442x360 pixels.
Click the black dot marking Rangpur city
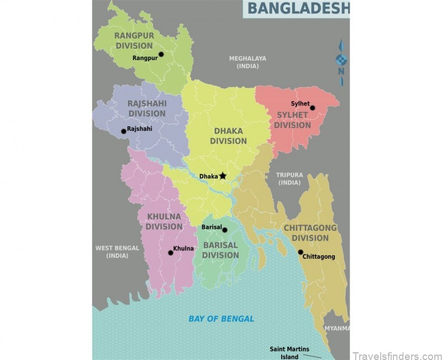(161, 55)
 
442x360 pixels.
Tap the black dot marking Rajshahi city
(124, 131)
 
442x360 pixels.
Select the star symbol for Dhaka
(223, 176)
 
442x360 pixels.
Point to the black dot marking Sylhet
(312, 108)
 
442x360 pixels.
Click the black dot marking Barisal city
(225, 230)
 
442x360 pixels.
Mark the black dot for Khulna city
(171, 253)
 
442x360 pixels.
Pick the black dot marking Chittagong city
(301, 252)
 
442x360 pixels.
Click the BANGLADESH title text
(298, 8)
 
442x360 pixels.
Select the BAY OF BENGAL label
(221, 319)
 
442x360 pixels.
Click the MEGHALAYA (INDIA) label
(248, 62)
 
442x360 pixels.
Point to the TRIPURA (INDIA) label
(290, 179)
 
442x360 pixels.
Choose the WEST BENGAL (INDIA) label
(117, 252)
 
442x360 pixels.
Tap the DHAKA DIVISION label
(228, 136)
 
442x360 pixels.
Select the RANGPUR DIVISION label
(134, 40)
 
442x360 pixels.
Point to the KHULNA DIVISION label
(164, 221)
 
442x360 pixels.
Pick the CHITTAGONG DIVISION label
(310, 232)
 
